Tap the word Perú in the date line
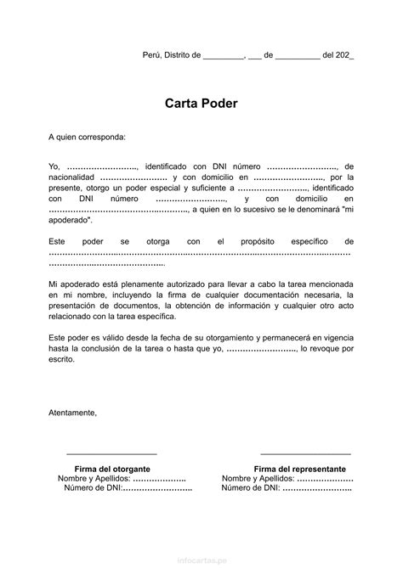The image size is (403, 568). pyautogui.click(x=150, y=55)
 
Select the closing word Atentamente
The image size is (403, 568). pyautogui.click(x=73, y=413)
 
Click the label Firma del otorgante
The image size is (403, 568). pyautogui.click(x=112, y=469)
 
